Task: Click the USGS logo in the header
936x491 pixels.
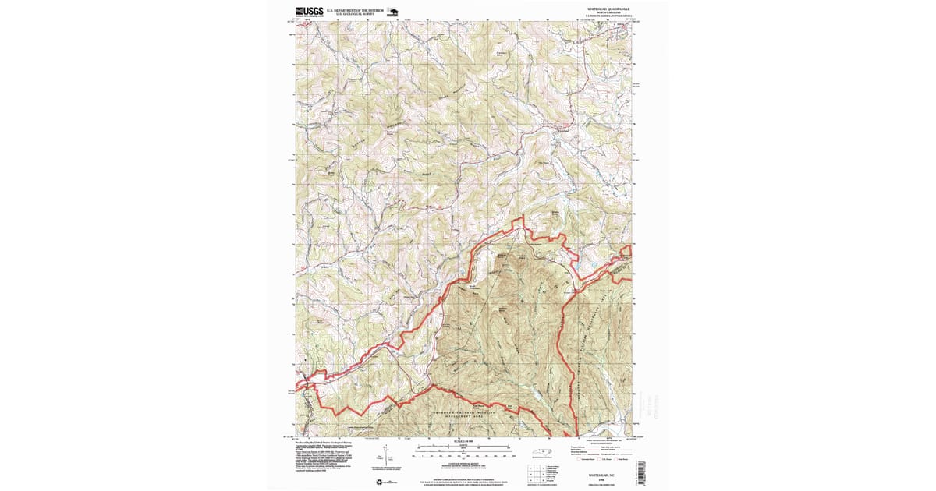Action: click(308, 12)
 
